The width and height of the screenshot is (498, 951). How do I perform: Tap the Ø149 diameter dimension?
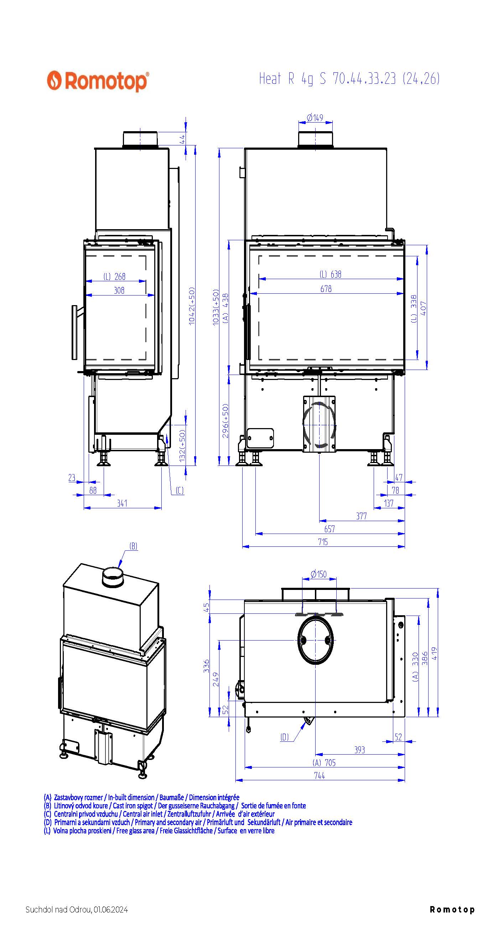pos(315,118)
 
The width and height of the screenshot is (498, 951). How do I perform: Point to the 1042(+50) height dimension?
pos(191,306)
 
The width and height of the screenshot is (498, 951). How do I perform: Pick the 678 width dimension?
pos(326,289)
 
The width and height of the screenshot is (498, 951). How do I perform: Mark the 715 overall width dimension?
pos(323,542)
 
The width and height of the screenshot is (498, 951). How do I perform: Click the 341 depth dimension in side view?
pos(122,503)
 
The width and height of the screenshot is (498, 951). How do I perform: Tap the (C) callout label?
pos(180,490)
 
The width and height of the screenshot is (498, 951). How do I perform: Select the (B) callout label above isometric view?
pos(133,546)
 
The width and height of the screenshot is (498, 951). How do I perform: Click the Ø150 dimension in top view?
pos(319,574)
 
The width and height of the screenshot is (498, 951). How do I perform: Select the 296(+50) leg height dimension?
pos(225,421)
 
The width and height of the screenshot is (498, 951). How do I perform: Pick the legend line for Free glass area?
pos(159,831)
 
